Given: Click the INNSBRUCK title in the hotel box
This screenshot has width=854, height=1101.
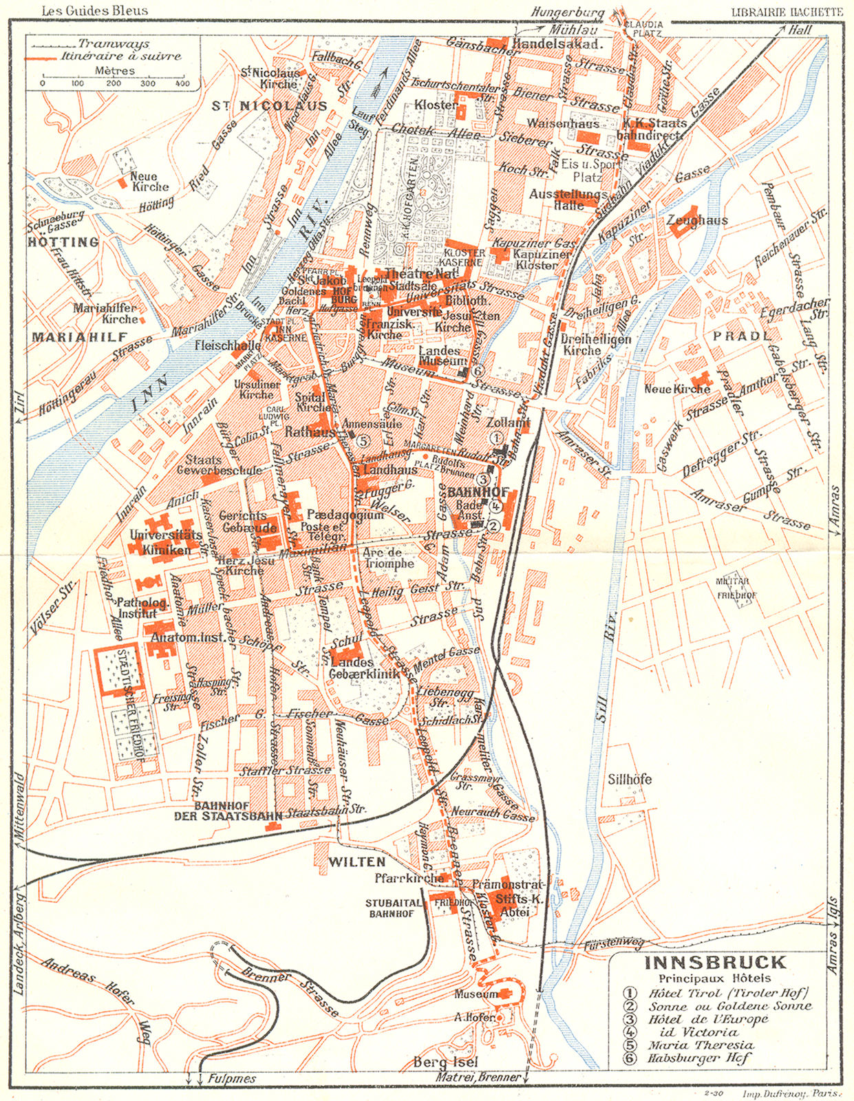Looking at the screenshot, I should point(715,962).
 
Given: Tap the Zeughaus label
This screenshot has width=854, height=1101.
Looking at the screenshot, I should point(697,220).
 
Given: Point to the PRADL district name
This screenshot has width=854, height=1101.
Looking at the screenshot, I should point(741,336).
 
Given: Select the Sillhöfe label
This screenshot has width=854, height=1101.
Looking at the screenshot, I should point(629,780).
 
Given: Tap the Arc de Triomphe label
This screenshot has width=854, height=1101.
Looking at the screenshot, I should point(388,557).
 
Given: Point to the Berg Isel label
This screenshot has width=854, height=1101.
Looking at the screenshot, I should point(445,1062).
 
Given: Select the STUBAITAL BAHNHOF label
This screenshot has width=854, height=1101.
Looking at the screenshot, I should point(391,908).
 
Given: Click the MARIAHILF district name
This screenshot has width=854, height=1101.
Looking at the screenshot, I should point(80,336).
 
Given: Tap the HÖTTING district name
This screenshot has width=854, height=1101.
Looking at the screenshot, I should point(63,242).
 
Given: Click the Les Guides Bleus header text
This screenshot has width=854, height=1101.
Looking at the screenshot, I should point(94,11).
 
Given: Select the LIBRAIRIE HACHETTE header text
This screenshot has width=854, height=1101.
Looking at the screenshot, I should point(786,12).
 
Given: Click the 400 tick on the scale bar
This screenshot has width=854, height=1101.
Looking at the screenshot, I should point(182,84).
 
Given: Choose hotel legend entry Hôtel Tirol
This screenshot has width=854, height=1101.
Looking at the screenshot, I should point(728,993).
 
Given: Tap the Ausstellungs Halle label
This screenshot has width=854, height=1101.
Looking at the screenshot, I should point(568,200).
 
